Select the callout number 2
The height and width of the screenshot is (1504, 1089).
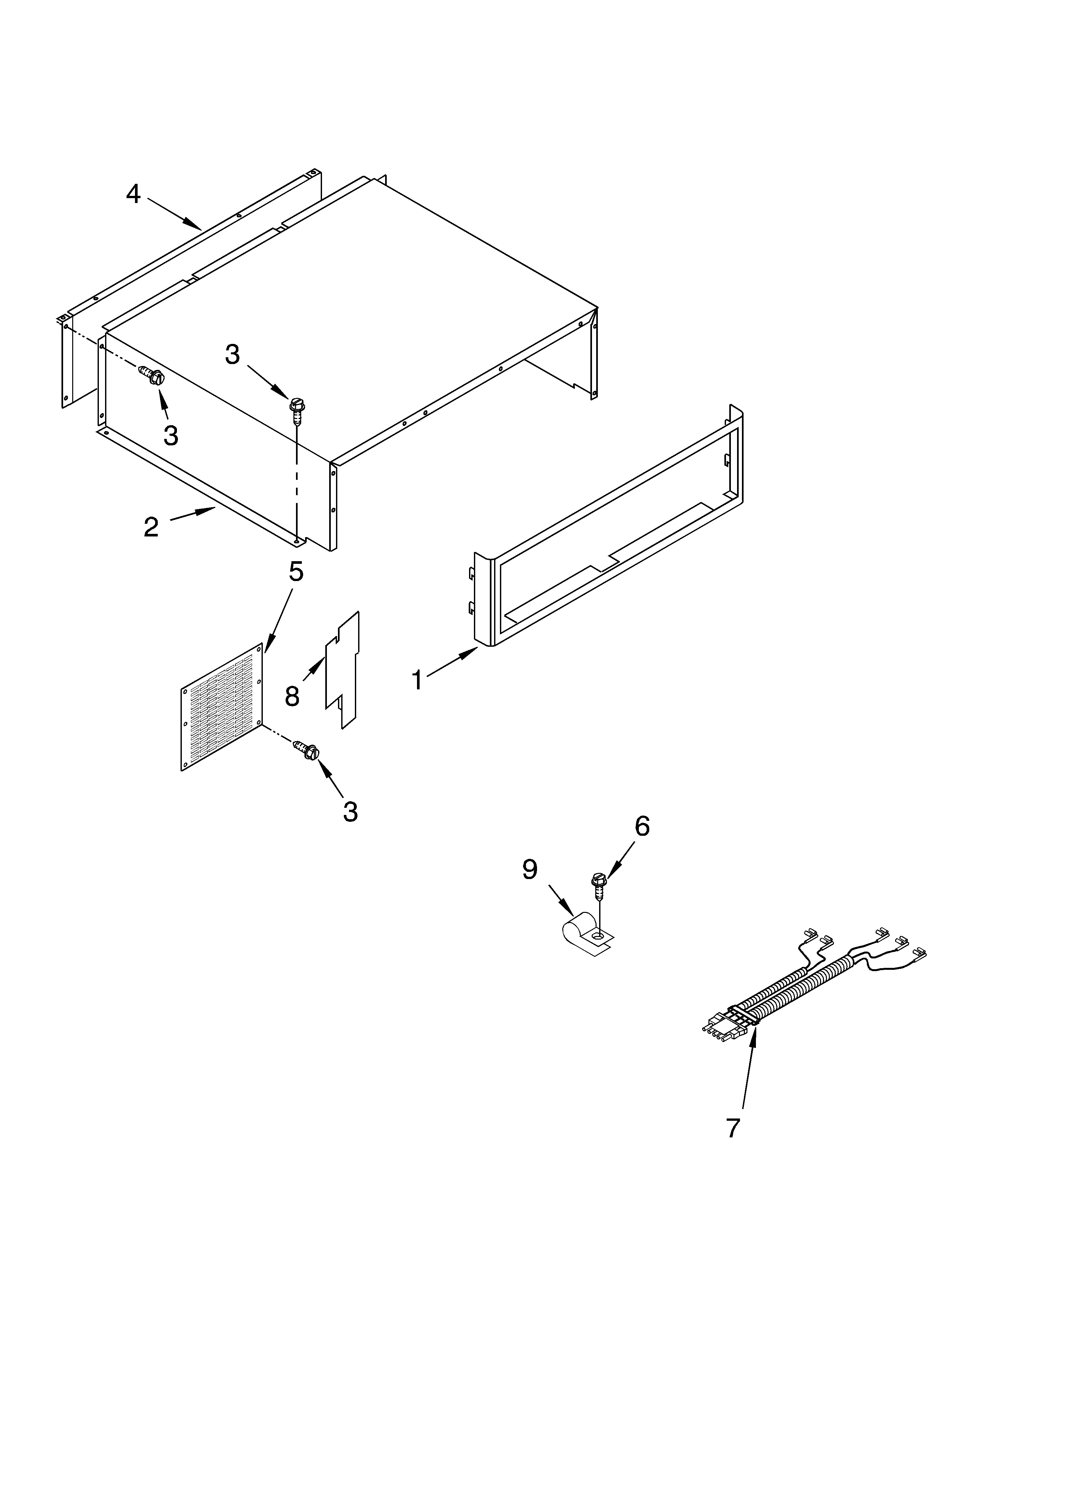[151, 527]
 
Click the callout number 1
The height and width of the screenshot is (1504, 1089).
[417, 680]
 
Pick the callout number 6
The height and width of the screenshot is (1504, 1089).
[642, 826]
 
